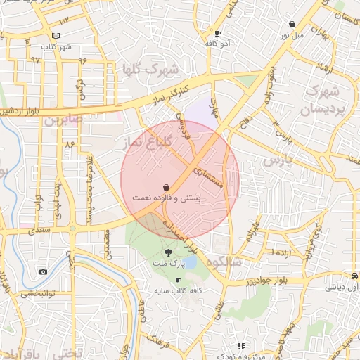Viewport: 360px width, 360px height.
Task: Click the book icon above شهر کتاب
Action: (56, 36)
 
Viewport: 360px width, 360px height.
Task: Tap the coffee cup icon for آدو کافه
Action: (218, 33)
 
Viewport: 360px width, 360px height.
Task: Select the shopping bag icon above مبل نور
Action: (292, 24)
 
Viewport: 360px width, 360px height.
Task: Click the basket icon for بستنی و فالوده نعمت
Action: (165, 188)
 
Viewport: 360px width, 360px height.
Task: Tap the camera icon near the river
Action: (43, 272)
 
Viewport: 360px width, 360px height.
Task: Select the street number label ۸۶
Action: (69, 143)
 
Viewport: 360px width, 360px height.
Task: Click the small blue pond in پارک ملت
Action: (189, 262)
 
